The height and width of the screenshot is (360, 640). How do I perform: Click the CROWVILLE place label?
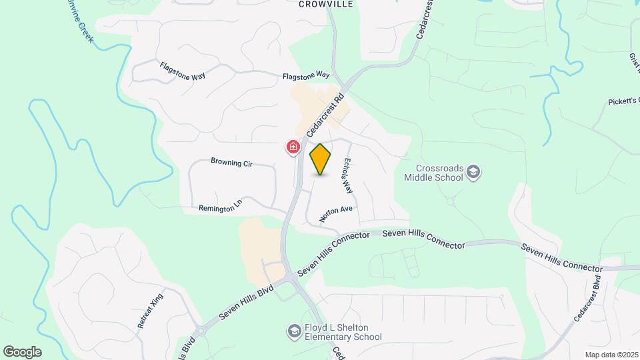point(325,4)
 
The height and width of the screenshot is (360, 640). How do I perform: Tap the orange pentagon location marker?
point(321,160)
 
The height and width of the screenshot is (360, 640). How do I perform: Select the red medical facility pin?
point(293,147)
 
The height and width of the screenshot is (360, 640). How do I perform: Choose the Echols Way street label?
point(347,175)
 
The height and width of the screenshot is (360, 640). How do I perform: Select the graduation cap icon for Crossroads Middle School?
point(473,173)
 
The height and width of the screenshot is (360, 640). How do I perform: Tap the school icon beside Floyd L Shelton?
point(294,331)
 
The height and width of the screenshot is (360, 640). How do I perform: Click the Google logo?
point(22,352)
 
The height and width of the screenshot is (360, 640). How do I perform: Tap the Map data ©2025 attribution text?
point(611,355)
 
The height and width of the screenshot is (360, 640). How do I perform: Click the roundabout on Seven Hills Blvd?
point(200,331)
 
